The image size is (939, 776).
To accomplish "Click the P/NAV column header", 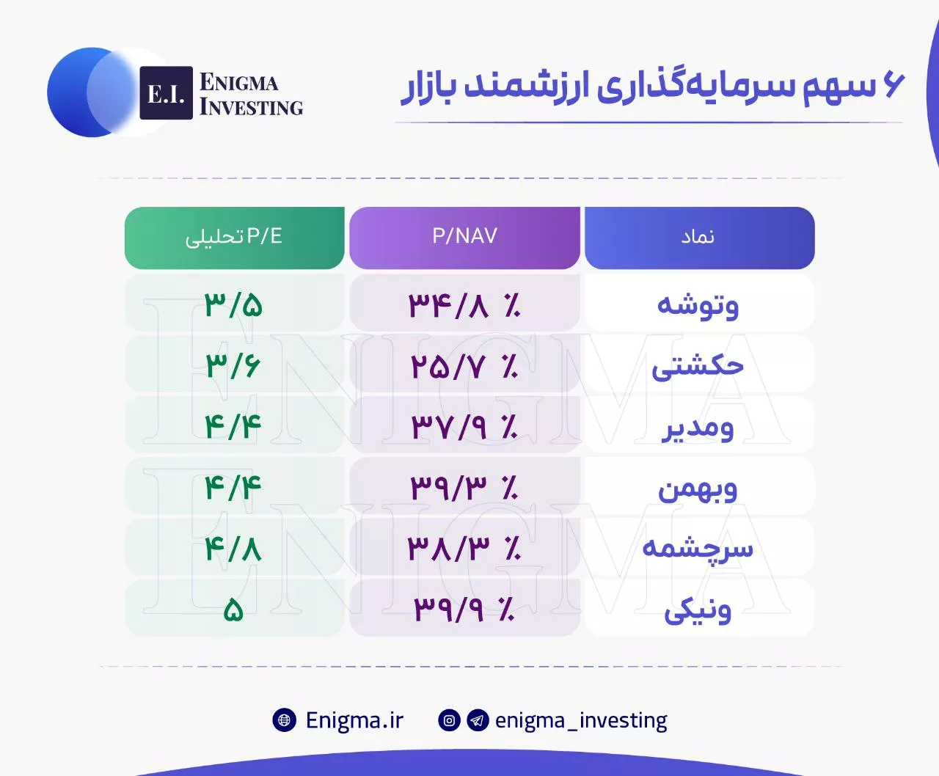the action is (464, 238).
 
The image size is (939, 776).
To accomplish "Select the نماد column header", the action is (700, 238).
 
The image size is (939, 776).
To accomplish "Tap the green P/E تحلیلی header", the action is (234, 238).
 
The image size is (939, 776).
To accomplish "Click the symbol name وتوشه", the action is (698, 306).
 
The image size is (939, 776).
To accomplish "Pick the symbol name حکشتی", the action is (698, 367).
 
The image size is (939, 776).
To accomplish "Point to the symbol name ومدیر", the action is (698, 428).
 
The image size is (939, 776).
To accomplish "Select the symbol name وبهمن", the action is (698, 488).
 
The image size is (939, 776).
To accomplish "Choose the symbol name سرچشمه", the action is (698, 549).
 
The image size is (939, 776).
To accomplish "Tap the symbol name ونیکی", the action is (698, 611).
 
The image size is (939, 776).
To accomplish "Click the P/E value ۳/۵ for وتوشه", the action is (233, 305).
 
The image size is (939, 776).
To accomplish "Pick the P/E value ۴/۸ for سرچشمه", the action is (233, 549).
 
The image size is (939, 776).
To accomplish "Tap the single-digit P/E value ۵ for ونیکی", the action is (233, 610).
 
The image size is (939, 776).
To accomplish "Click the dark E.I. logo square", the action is (167, 93).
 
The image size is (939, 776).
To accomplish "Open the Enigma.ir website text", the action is (354, 720).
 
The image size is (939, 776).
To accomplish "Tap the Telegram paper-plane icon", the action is (478, 720).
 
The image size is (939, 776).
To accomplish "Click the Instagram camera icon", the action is (449, 720).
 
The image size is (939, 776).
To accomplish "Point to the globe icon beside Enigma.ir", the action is (284, 720).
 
